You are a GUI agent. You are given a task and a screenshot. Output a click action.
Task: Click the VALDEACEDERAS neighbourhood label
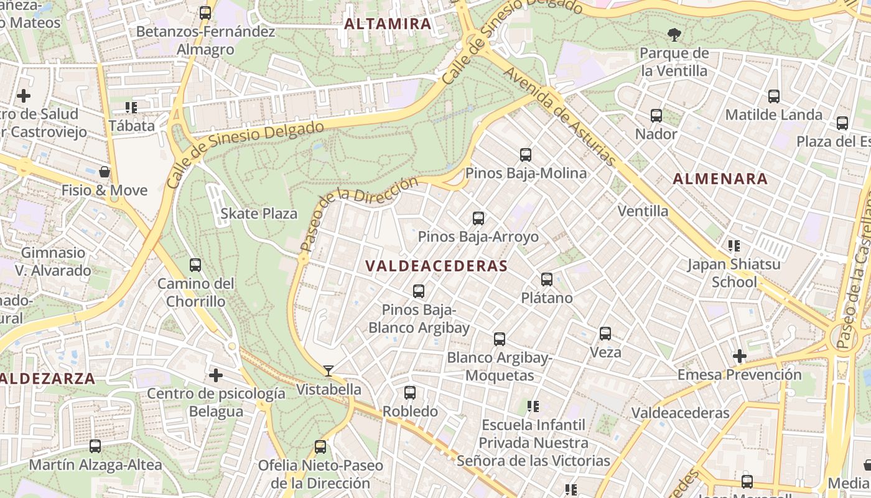[x=436, y=266]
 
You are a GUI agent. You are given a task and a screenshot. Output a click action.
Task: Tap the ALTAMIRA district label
[x=388, y=24]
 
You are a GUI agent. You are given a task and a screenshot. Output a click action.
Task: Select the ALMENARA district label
[x=720, y=179]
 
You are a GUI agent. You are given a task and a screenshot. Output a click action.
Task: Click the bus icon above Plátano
[x=547, y=280]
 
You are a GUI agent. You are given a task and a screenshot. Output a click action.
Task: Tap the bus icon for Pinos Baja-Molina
[x=526, y=154]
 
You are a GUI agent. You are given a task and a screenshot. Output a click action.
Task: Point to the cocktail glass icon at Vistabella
[x=328, y=371]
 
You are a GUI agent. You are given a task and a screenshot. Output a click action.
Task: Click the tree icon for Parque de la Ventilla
[x=674, y=34]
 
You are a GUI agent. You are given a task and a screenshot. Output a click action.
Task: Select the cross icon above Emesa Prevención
[x=739, y=356]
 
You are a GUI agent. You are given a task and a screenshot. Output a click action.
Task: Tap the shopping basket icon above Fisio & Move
[x=105, y=171]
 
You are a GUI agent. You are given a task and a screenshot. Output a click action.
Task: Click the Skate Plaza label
[x=259, y=214]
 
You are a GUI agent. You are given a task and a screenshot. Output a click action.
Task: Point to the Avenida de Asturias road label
[x=559, y=116]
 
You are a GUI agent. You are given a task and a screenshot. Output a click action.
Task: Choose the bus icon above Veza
[x=605, y=334]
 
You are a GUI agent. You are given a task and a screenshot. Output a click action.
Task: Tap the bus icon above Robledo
[x=410, y=393]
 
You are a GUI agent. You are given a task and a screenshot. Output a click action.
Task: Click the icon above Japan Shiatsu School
[x=734, y=246]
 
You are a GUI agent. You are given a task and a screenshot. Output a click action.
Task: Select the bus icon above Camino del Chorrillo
[x=195, y=265]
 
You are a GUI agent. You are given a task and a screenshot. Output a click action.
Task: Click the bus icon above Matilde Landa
[x=774, y=96]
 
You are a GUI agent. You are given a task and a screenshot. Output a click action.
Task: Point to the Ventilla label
[x=643, y=211]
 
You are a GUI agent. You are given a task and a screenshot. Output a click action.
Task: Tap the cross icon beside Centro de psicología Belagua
[x=216, y=375]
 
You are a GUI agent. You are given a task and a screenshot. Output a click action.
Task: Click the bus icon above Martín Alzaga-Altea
[x=95, y=446]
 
